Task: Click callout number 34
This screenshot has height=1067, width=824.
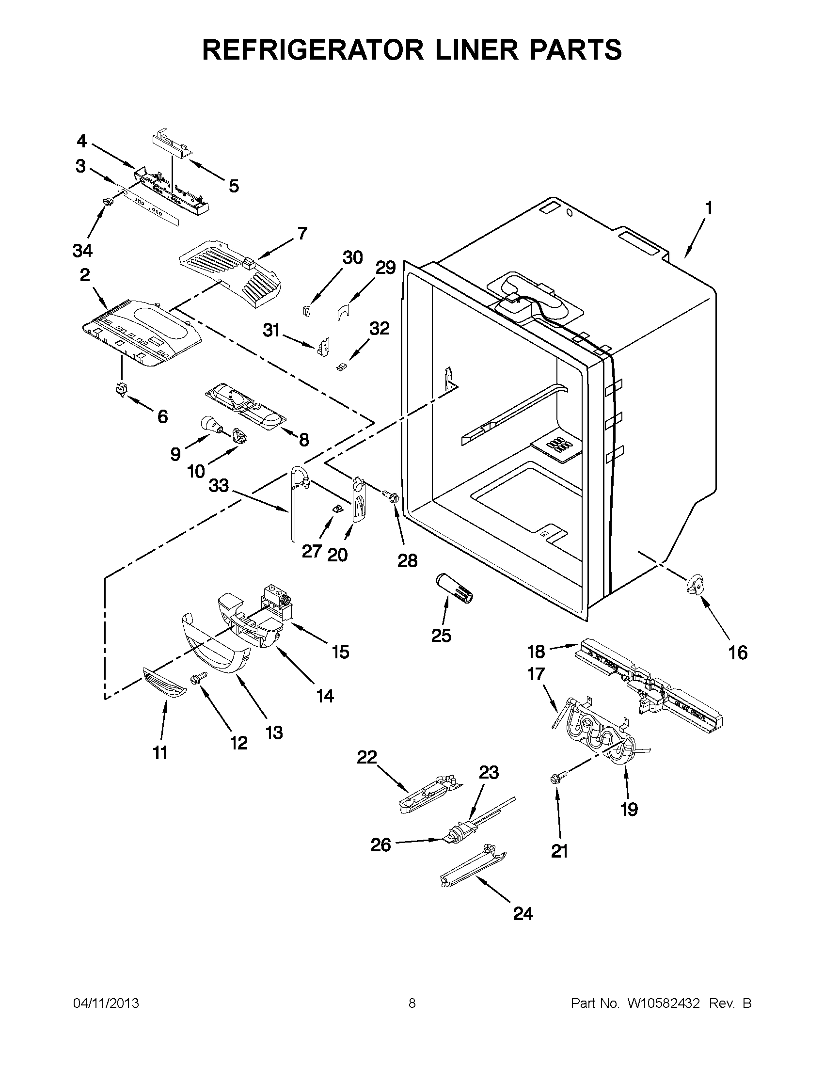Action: coord(82,251)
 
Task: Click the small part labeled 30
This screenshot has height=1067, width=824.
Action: coord(306,311)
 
